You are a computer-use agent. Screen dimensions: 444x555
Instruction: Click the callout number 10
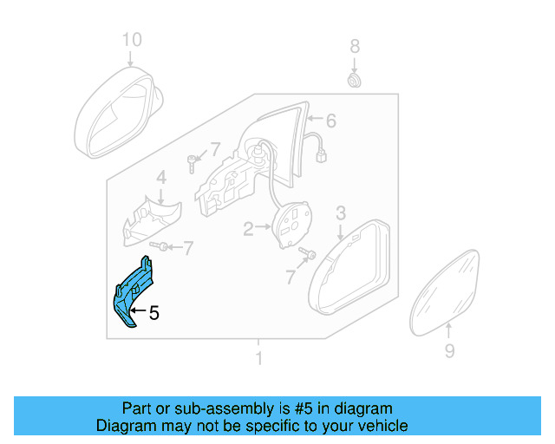(x=130, y=40)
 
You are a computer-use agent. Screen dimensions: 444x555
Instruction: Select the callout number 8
(x=354, y=45)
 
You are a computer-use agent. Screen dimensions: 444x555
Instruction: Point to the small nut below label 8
(x=354, y=81)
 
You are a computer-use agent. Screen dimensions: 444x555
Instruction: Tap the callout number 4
(x=160, y=179)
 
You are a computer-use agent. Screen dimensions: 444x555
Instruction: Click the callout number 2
(x=248, y=229)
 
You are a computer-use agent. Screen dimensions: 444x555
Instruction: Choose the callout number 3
(x=341, y=212)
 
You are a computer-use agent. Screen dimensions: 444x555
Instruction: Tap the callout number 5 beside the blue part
(x=153, y=313)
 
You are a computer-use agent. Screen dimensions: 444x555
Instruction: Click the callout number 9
(x=449, y=350)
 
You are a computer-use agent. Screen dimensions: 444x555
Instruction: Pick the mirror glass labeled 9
(x=446, y=290)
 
